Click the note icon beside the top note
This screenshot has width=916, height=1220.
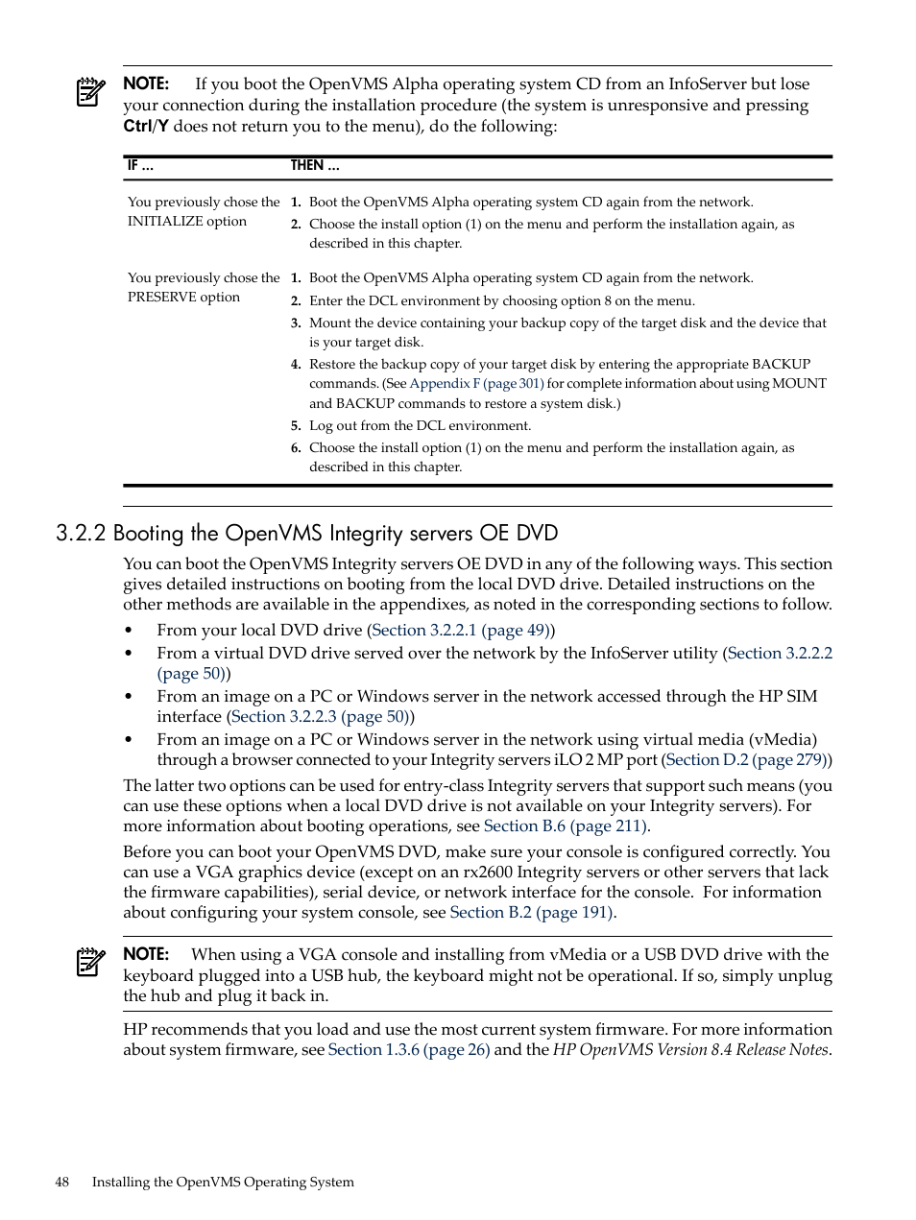coord(90,92)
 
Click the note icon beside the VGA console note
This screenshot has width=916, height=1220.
coord(90,962)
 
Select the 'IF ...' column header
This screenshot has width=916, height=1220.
coord(140,166)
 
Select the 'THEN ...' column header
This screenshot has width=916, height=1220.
coord(315,166)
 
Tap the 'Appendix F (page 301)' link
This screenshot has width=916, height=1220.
coord(476,384)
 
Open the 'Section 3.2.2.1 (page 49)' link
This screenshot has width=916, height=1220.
coord(460,631)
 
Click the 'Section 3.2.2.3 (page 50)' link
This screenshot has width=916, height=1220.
coord(321,717)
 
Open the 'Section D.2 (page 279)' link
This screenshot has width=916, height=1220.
coord(746,760)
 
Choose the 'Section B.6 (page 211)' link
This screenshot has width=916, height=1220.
coord(566,826)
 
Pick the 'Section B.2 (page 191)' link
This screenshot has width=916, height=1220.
coord(531,913)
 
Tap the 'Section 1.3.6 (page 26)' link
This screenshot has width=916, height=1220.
coord(408,1050)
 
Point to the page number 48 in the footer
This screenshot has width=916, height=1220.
coord(62,1183)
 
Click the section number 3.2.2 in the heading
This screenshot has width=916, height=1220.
coord(81,534)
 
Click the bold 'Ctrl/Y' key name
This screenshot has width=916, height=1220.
coord(145,127)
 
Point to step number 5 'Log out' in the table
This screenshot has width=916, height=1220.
coord(296,426)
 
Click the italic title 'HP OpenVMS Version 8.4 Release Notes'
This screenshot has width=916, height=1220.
coord(690,1050)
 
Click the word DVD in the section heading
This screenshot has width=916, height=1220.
coord(537,534)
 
